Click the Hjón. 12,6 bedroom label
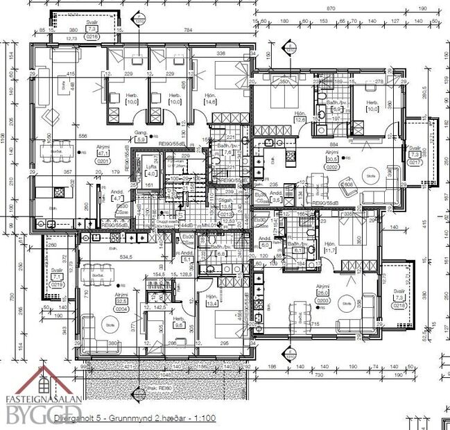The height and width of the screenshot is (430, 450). click(300, 117)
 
